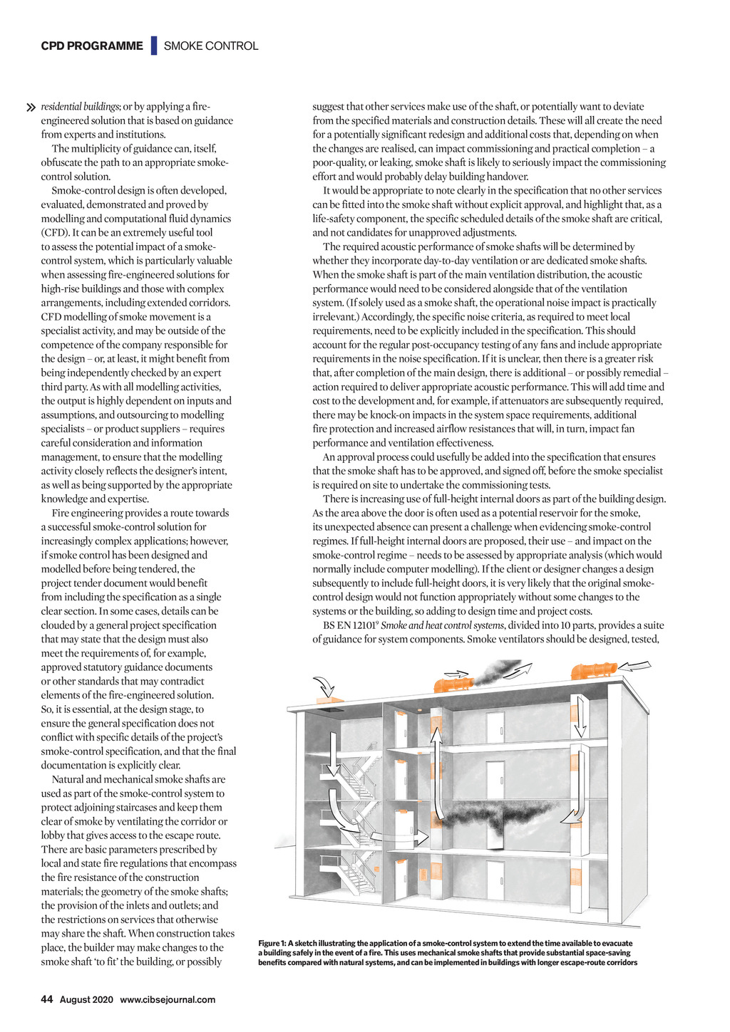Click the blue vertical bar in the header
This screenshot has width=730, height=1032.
[x=153, y=46]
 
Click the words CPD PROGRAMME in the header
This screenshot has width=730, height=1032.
[x=92, y=46]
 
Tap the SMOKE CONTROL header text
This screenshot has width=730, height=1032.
[x=211, y=46]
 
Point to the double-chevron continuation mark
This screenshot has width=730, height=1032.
[x=31, y=108]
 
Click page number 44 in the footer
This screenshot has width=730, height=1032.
[x=47, y=999]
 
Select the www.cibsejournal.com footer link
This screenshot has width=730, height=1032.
[x=168, y=999]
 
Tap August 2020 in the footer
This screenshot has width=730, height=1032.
[x=86, y=999]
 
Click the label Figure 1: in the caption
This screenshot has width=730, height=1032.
[x=272, y=943]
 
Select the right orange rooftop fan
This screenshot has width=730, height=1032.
[x=592, y=670]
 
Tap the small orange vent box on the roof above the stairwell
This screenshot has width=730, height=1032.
[x=330, y=702]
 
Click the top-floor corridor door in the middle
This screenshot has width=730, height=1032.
[x=495, y=727]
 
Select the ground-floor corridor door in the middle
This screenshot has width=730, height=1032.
[x=495, y=880]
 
